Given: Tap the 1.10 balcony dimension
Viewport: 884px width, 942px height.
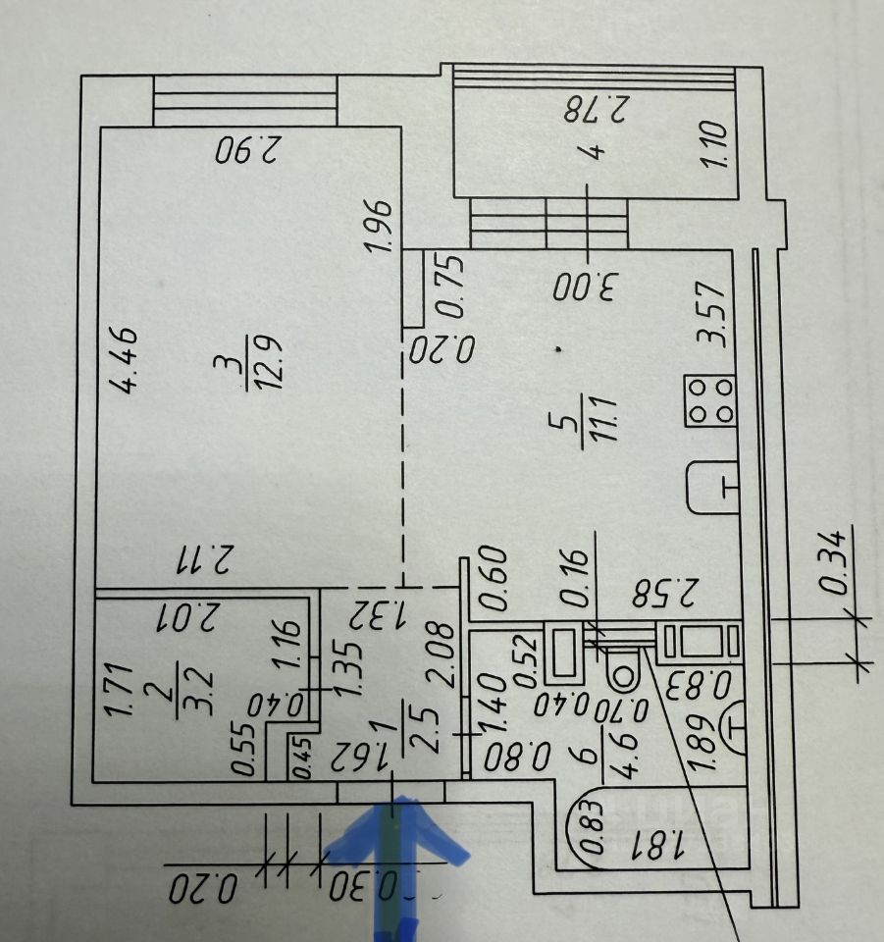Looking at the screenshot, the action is (715, 144).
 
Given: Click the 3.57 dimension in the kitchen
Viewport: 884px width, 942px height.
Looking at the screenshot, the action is (709, 315).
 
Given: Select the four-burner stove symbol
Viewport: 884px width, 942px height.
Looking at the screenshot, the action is (710, 401).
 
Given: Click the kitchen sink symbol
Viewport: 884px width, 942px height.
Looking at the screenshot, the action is (711, 487).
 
